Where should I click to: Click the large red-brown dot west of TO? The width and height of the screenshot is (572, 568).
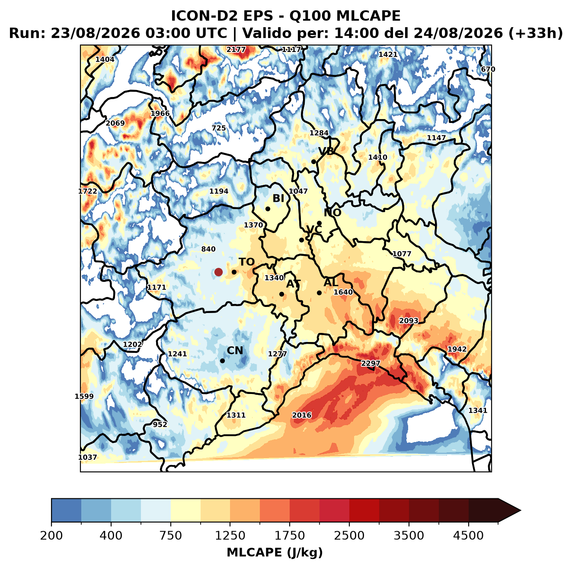[x=218, y=272]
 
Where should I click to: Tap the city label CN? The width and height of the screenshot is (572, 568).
[x=235, y=350]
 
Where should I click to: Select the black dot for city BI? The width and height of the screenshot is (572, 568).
[x=268, y=209]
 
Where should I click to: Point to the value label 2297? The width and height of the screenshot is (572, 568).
[x=370, y=363]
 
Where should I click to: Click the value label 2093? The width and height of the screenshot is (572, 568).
[x=409, y=320]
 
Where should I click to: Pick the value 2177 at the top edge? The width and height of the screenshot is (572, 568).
[x=236, y=49]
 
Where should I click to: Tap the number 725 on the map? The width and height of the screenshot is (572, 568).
[x=218, y=128]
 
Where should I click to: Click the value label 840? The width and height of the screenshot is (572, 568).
[x=208, y=249]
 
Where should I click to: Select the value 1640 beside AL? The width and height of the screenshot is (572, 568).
[x=343, y=292]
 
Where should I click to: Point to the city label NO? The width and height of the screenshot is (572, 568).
[x=332, y=213]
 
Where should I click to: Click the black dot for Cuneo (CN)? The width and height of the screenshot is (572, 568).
[x=222, y=361]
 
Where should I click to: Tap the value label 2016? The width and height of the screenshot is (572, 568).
[x=302, y=415]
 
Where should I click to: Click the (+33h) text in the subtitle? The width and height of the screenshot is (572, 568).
[x=536, y=33]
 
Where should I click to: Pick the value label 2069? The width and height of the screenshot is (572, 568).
[x=115, y=123]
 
